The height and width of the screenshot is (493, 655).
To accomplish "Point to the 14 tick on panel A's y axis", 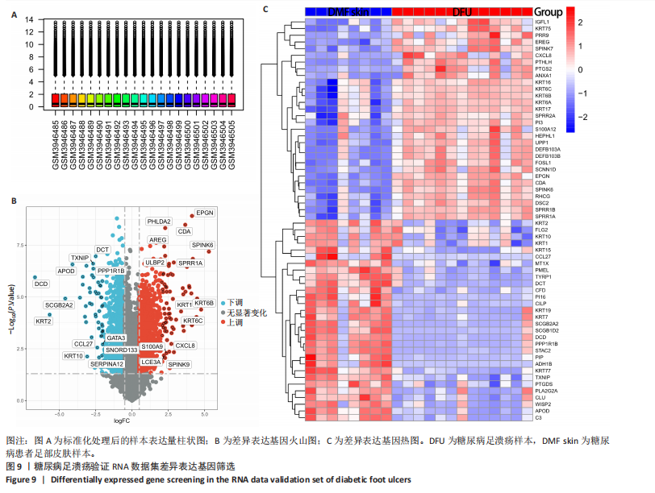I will click(x=30, y=19).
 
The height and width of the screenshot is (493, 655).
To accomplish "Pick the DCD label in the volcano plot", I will click(x=41, y=284).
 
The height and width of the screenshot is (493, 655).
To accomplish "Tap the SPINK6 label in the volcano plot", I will click(x=202, y=244).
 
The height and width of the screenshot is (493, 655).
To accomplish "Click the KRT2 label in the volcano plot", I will click(x=44, y=321).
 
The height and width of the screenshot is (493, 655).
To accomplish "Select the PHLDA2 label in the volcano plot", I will click(x=159, y=222).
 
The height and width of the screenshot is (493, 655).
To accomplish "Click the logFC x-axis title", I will click(x=123, y=420).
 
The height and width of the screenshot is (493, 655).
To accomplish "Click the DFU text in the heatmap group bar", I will click(x=462, y=12).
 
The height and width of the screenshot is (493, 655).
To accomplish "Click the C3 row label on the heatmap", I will click(x=538, y=417).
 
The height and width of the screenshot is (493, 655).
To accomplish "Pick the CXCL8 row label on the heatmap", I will click(x=542, y=55).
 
